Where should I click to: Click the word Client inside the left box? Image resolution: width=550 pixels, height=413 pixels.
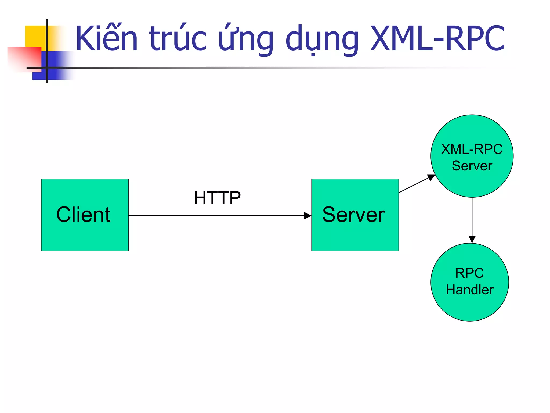pos(83,215)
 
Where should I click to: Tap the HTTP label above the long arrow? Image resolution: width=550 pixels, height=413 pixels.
pos(217,198)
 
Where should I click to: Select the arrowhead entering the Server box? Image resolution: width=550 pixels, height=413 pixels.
pos(308,216)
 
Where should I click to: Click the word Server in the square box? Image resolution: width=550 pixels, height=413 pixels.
pos(353,215)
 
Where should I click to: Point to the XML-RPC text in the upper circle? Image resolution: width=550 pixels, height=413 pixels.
pos(472,149)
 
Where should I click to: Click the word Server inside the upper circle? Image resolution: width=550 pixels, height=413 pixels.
pos(472,166)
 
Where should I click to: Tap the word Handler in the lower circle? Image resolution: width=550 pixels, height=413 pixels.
pos(470,290)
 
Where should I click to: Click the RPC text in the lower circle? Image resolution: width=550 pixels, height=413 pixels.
pos(469,273)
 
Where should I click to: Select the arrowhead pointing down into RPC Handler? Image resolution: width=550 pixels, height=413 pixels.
pos(472,239)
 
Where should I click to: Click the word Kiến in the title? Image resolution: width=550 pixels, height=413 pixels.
pos(107,38)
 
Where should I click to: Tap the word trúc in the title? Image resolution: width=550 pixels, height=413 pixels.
pos(178,38)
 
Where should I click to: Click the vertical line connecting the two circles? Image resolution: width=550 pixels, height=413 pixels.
pos(472,216)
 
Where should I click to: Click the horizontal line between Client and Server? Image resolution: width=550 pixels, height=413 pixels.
pos(215,216)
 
